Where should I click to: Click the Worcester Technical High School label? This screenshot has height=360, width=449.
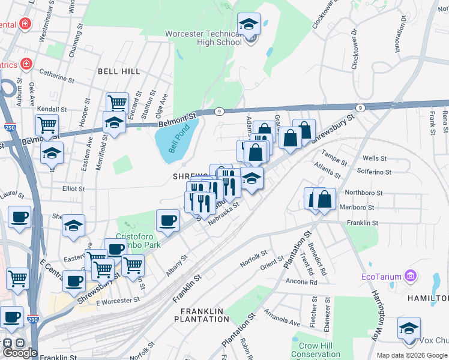pyautogui.click(x=203, y=37)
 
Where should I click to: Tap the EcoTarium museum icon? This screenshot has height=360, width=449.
pyautogui.click(x=411, y=276)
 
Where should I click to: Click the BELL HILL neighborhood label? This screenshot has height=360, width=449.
pyautogui.click(x=119, y=71)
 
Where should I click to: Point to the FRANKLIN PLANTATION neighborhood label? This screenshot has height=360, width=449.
pyautogui.click(x=203, y=315)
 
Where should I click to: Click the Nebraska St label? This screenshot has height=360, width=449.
pyautogui.click(x=224, y=214)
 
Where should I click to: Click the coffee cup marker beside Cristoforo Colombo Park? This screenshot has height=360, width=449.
pyautogui.click(x=167, y=220)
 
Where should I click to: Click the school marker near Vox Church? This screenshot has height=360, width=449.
pyautogui.click(x=409, y=328)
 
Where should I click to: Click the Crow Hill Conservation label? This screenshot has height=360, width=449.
pyautogui.click(x=315, y=350)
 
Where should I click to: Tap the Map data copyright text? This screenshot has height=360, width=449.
pyautogui.click(x=412, y=355)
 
